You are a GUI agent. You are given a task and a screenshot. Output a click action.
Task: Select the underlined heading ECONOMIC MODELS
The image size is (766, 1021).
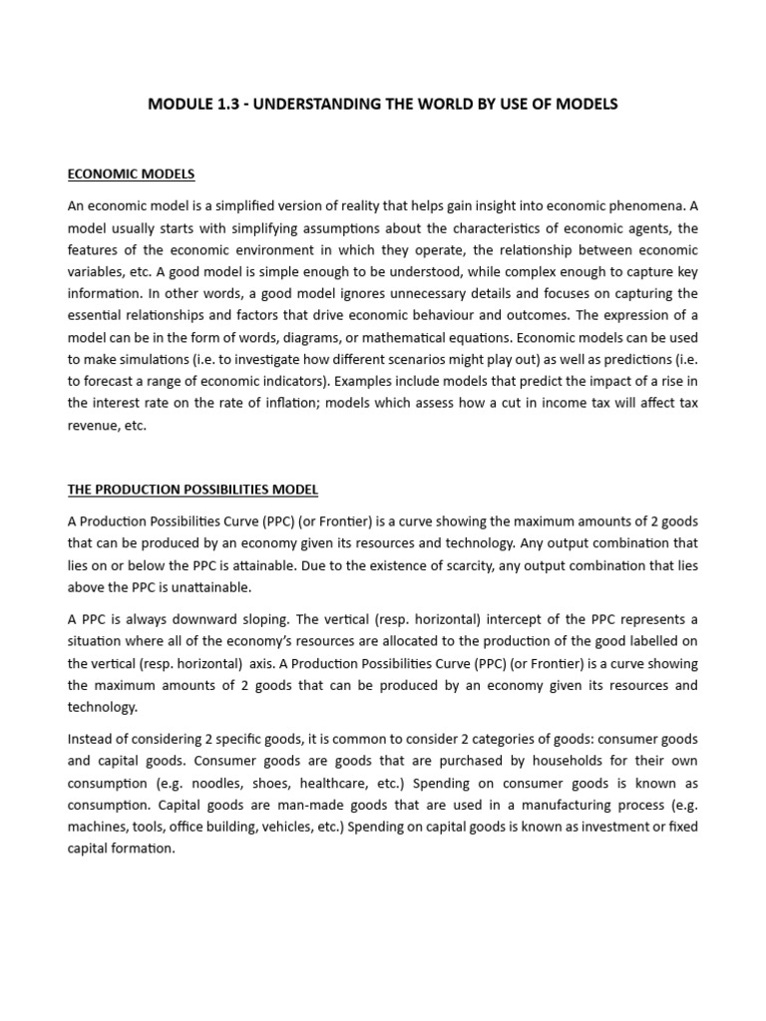[131, 173]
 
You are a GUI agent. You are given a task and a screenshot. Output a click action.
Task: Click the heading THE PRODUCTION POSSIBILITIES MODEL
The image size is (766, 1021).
[192, 490]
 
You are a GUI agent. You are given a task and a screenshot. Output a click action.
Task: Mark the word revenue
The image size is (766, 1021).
[95, 425]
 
